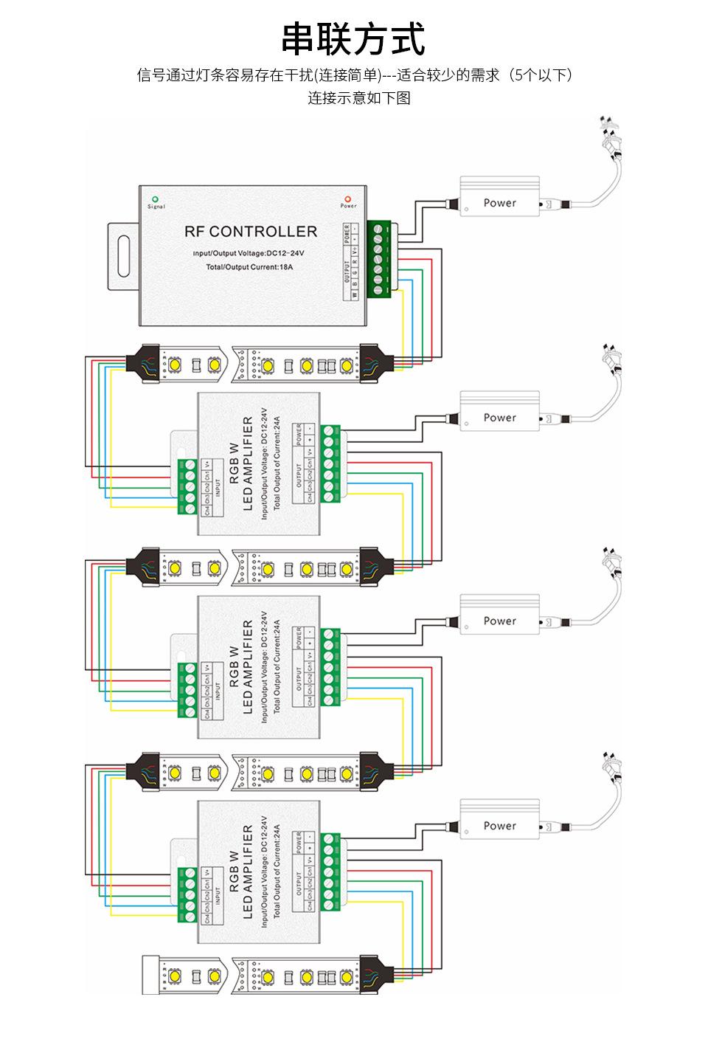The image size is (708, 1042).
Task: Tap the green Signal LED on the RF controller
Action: tap(155, 199)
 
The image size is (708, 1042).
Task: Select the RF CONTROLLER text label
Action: tap(251, 232)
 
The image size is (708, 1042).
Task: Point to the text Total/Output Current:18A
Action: tap(249, 266)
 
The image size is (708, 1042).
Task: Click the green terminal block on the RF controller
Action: tap(378, 258)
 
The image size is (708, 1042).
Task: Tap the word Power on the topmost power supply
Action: tap(500, 203)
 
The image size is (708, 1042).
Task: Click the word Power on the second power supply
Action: tap(500, 418)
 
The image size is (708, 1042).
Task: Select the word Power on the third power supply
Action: tap(500, 621)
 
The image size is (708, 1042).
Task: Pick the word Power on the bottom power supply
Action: tap(500, 826)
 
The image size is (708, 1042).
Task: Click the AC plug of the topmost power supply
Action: tap(611, 140)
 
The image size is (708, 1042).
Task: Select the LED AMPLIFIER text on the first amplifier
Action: tap(248, 463)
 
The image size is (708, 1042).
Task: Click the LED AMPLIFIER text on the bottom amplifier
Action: tap(248, 872)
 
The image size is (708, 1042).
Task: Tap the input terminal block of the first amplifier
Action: tap(190, 486)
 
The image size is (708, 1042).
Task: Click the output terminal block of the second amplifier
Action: tap(331, 668)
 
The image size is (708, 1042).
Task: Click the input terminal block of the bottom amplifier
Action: tap(190, 894)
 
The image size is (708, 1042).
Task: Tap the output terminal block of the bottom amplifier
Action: tap(331, 872)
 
